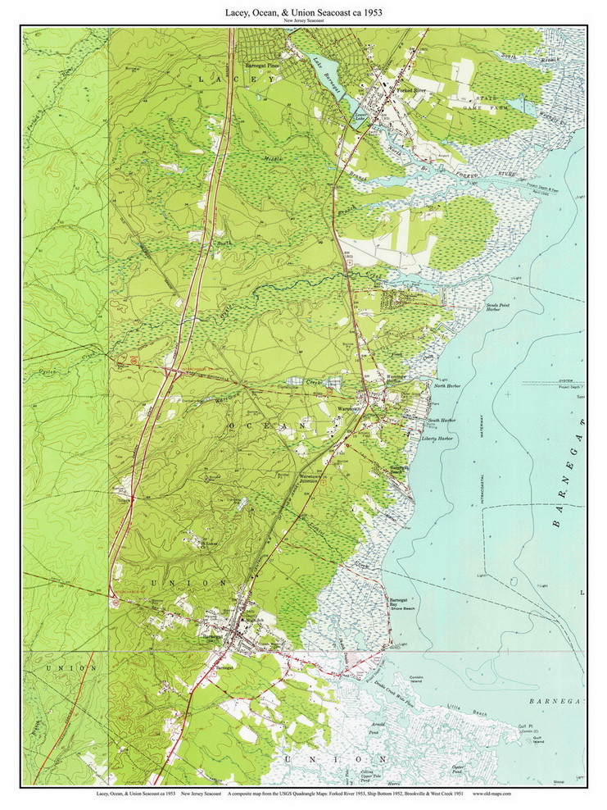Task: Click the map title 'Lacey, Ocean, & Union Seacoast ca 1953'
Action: (x=304, y=12)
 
